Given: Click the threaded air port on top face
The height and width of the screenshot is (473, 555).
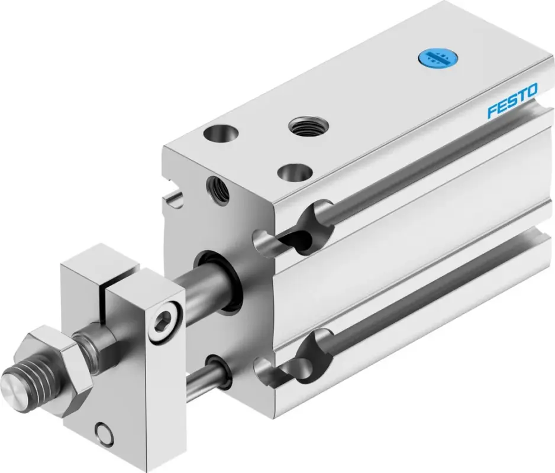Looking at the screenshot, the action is [x=308, y=125].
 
